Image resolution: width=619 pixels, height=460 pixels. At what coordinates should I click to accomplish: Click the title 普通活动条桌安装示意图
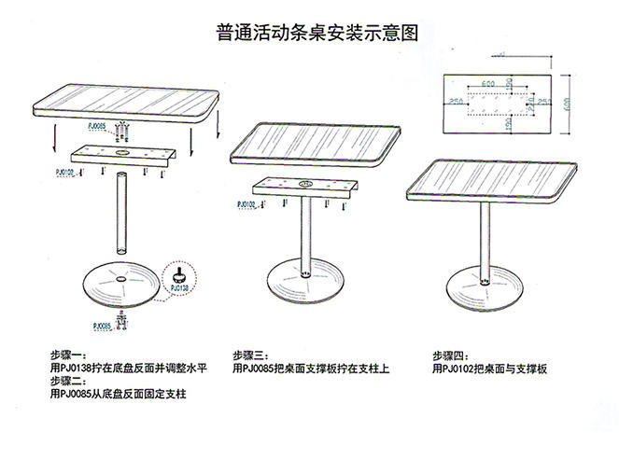pos(311,32)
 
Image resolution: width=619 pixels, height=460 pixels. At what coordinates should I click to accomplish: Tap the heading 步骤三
pos(251,355)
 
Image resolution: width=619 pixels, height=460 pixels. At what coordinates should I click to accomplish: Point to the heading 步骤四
pos(449,355)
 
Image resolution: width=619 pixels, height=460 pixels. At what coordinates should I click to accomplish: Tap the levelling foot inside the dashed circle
pos(177,274)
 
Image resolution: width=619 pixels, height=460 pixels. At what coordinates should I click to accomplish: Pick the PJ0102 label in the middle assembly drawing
pos(246,203)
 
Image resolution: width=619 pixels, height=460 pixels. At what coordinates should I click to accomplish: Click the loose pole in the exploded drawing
pos(121,213)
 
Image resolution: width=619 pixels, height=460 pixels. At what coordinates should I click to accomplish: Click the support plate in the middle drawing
pos(304,188)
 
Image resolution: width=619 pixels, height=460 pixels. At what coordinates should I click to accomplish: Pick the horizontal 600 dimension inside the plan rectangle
pos(488,84)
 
